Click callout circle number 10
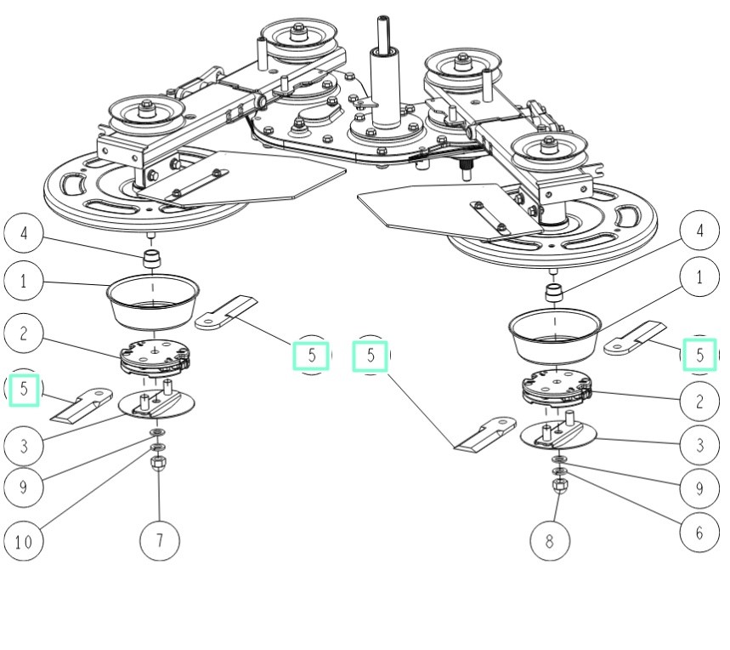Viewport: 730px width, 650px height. (24, 542)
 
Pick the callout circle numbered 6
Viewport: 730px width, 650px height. (699, 532)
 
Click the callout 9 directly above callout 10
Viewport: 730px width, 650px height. (24, 487)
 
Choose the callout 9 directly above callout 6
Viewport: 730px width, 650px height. (699, 487)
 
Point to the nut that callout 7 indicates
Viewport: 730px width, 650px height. (157, 464)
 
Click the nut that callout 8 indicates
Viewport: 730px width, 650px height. (560, 485)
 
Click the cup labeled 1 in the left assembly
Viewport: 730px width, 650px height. (153, 302)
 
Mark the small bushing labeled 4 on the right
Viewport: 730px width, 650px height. (554, 292)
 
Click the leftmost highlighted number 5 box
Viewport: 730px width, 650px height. (25, 389)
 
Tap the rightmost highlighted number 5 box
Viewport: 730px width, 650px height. (699, 354)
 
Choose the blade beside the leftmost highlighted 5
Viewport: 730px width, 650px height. (82, 404)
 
